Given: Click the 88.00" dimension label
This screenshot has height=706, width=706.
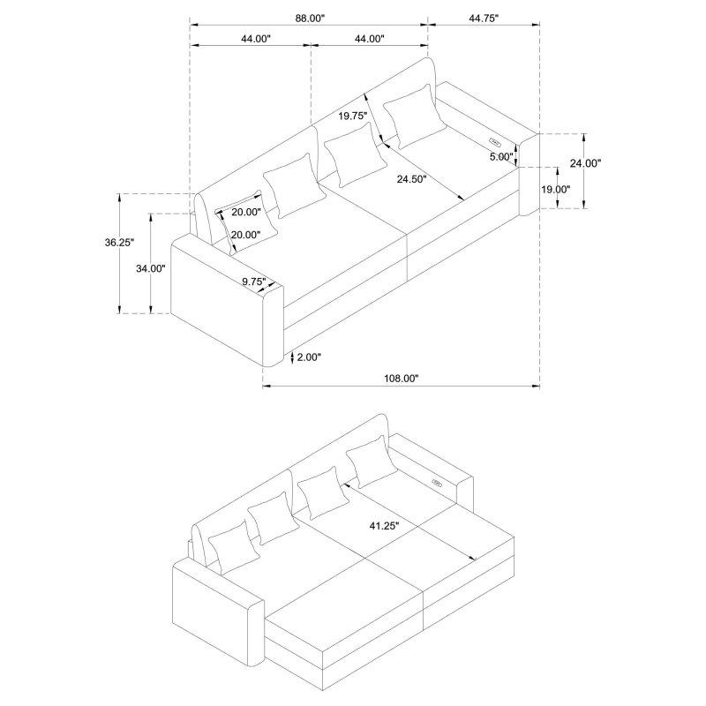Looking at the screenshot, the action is (310, 19).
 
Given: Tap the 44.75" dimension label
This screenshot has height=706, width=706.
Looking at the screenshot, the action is (484, 19).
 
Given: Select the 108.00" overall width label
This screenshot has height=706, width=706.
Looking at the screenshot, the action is (402, 379).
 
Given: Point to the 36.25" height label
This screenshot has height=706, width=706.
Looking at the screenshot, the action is (120, 242).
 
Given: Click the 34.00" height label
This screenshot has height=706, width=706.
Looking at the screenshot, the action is (151, 269).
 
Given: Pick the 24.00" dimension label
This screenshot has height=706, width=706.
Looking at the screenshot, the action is (585, 163).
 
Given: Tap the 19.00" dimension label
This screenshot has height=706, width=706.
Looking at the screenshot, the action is (556, 190).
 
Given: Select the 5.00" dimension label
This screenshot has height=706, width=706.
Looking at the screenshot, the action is (501, 157).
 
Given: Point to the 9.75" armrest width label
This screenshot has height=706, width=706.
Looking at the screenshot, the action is (254, 282).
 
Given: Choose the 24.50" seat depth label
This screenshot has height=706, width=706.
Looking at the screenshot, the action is (411, 179).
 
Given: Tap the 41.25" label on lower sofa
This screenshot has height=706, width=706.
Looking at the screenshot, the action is (384, 526).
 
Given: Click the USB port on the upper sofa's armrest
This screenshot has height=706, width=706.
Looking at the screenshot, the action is (495, 142).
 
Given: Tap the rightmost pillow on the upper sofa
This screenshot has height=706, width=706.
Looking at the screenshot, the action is (415, 116).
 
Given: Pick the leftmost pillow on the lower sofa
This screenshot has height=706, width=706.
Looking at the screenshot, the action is (234, 548).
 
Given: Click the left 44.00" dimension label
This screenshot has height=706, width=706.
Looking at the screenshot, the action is (255, 39).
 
